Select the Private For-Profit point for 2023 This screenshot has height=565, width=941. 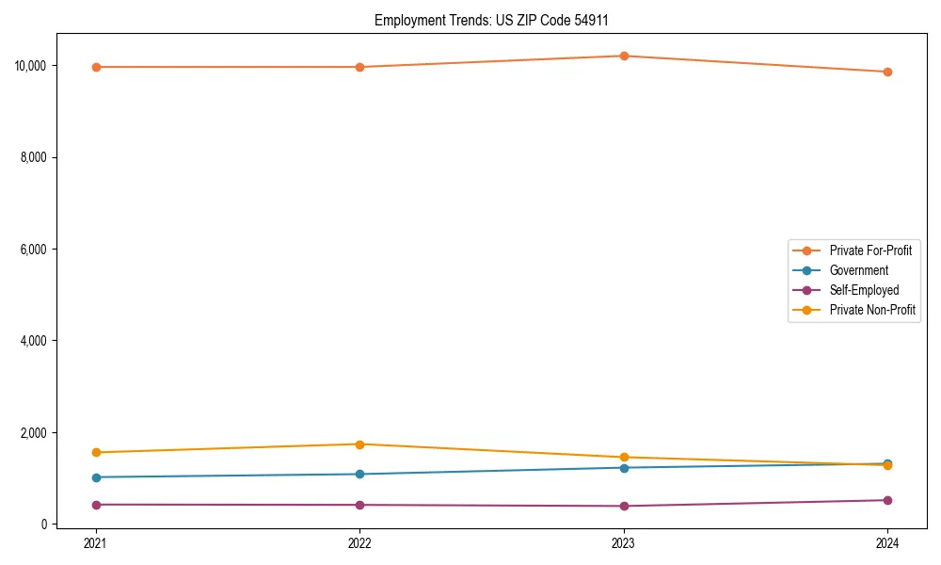624,56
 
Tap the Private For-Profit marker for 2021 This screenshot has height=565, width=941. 96,67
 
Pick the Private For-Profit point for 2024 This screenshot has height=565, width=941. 887,72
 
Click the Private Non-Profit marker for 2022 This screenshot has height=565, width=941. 359,444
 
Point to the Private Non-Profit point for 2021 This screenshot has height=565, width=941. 96,452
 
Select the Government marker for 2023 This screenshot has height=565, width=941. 624,467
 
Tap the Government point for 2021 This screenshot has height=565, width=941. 96,477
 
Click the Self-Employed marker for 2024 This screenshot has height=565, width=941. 887,500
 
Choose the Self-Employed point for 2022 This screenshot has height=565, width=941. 359,505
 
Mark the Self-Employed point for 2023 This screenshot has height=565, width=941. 624,506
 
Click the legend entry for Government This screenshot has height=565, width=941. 858,270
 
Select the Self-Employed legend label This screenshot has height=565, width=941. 864,290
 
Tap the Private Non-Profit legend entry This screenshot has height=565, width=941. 872,310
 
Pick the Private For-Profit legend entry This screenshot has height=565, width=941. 869,250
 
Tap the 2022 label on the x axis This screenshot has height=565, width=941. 359,542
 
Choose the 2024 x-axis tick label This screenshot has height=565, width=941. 887,542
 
